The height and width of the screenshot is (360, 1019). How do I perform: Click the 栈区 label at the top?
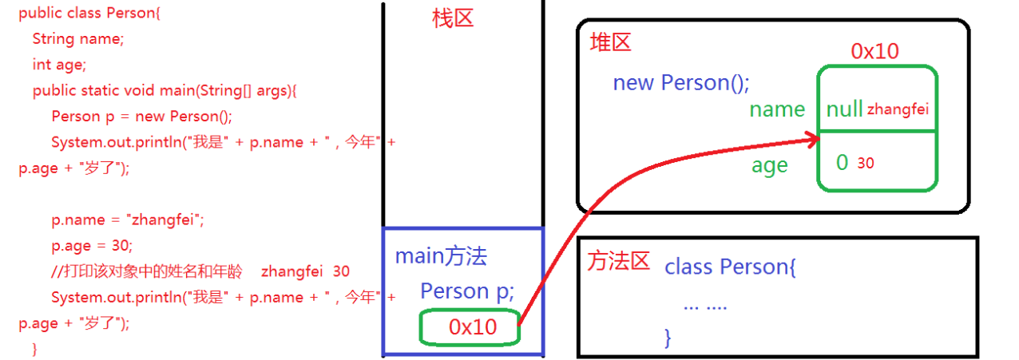pos(453,19)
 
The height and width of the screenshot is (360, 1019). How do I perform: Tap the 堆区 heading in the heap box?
pos(610,42)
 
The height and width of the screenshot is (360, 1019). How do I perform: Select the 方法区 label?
pos(618,260)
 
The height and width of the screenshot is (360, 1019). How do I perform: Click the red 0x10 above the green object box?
pos(874,52)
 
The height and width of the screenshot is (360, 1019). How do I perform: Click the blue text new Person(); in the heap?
pos(681,82)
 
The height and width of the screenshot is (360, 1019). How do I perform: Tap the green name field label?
pos(776,109)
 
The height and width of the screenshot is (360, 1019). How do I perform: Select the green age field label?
pos(769,165)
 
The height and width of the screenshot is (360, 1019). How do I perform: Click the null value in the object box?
pos(844,109)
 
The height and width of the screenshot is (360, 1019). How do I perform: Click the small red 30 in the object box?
pos(866,164)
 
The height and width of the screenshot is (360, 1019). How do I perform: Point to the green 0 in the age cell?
pos(842,162)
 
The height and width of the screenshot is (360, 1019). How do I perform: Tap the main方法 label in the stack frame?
pos(441,256)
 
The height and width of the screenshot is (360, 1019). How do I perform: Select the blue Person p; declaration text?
pos(467,291)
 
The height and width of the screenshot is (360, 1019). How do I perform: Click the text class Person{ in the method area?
pos(730,267)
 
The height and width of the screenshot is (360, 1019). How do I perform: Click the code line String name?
pos(78,38)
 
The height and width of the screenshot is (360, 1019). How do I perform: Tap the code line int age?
pos(59,64)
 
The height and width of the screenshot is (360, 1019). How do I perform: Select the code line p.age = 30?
pos(92,245)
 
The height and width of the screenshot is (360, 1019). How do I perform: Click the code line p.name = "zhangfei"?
pos(128,220)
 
